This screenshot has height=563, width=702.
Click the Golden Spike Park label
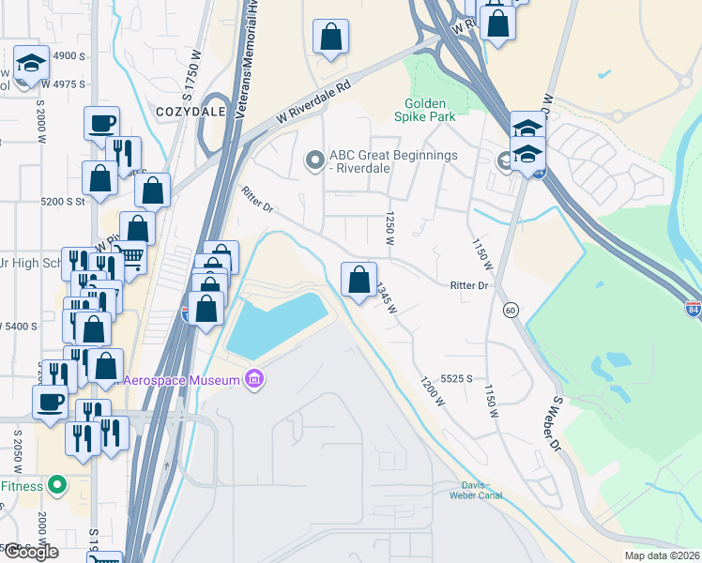pos(430,110)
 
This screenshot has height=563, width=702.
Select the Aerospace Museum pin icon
pos(252,379)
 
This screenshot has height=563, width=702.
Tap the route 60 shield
pos(511,310)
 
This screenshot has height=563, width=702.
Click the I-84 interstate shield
pos(693,312)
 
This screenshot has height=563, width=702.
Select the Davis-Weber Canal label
pos(476,491)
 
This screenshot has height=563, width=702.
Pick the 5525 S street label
pos(455,377)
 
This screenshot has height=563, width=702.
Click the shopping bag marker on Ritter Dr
pos(359,280)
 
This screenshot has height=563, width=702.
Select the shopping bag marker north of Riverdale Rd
pos(330,38)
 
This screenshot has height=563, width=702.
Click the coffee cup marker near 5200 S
pos(101,123)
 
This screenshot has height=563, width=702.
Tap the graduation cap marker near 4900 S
pos(32,64)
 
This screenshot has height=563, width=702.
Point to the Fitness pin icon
pos(58,485)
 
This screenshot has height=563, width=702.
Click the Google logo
pos(30,552)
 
